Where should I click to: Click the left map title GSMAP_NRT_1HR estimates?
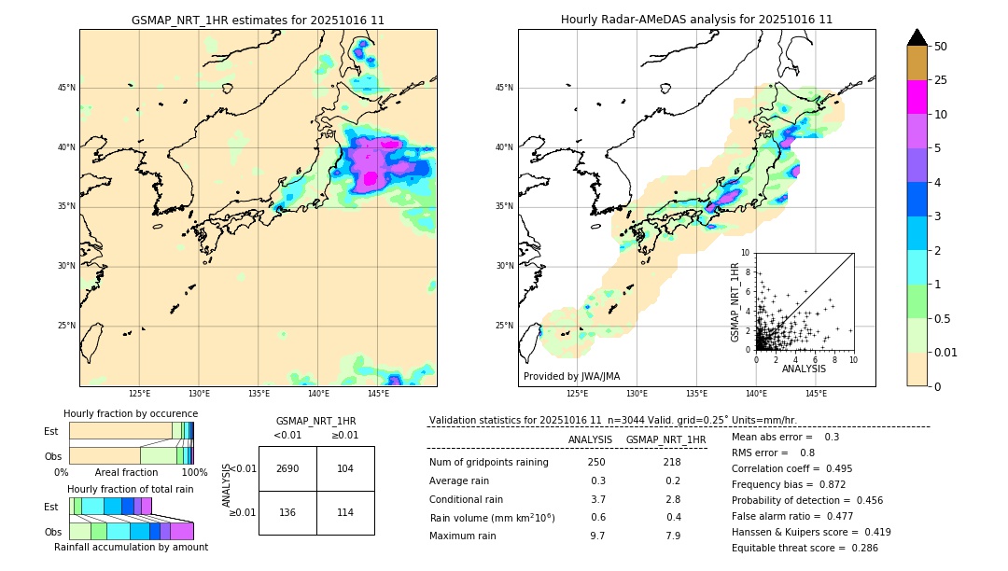pyautogui.click(x=258, y=20)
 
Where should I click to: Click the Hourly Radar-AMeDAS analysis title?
pyautogui.click(x=696, y=20)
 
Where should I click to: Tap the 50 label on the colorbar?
pyautogui.click(x=941, y=47)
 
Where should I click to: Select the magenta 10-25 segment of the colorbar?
pyautogui.click(x=917, y=97)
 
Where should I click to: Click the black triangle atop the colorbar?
pyautogui.click(x=917, y=37)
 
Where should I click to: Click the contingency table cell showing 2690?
pyautogui.click(x=287, y=468)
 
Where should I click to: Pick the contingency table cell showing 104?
pyautogui.click(x=345, y=468)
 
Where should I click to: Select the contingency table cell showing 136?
pyautogui.click(x=287, y=512)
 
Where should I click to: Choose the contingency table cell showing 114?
pyautogui.click(x=345, y=512)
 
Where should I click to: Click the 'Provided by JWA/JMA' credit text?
pyautogui.click(x=571, y=376)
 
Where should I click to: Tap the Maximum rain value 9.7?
pyautogui.click(x=596, y=536)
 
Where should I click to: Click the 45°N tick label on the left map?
pyautogui.click(x=66, y=88)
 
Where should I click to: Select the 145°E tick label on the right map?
pyautogui.click(x=816, y=395)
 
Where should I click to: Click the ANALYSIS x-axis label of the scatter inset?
pyautogui.click(x=804, y=369)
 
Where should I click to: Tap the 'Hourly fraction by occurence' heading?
pyautogui.click(x=131, y=413)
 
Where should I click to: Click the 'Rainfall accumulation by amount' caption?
pyautogui.click(x=131, y=547)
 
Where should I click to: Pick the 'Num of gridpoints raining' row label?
pyautogui.click(x=489, y=462)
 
